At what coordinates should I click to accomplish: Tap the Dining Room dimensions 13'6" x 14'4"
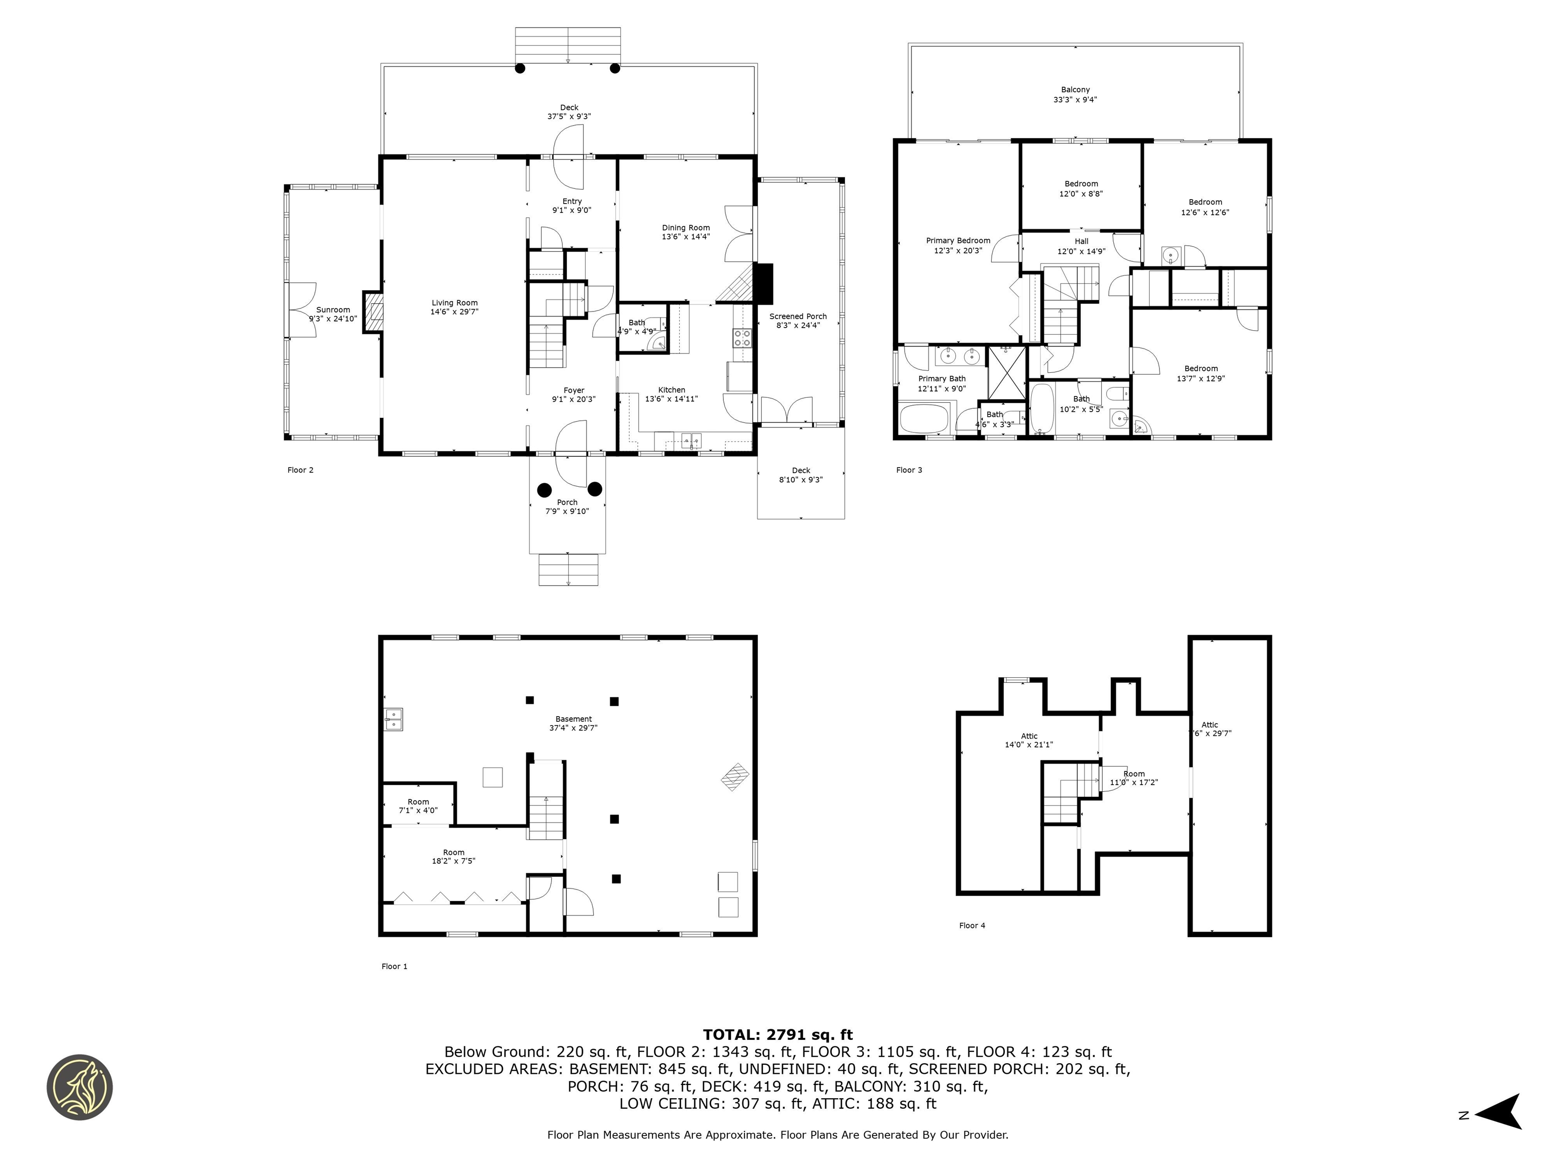pos(685,237)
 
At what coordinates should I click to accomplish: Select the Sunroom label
pos(333,309)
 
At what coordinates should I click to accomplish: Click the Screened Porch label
pos(798,317)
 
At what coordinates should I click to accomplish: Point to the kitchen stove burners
pos(742,338)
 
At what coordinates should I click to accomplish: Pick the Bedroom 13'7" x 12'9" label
pos(1201,369)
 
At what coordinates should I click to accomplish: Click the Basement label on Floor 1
pos(573,719)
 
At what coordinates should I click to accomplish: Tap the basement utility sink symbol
pos(393,719)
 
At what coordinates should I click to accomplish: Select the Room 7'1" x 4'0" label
pos(418,802)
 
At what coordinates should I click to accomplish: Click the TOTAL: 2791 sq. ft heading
pos(777,1035)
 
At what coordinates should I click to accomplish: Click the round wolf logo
pos(80,1087)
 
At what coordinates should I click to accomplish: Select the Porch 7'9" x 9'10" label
pos(567,502)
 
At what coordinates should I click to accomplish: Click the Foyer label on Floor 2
pos(573,391)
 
